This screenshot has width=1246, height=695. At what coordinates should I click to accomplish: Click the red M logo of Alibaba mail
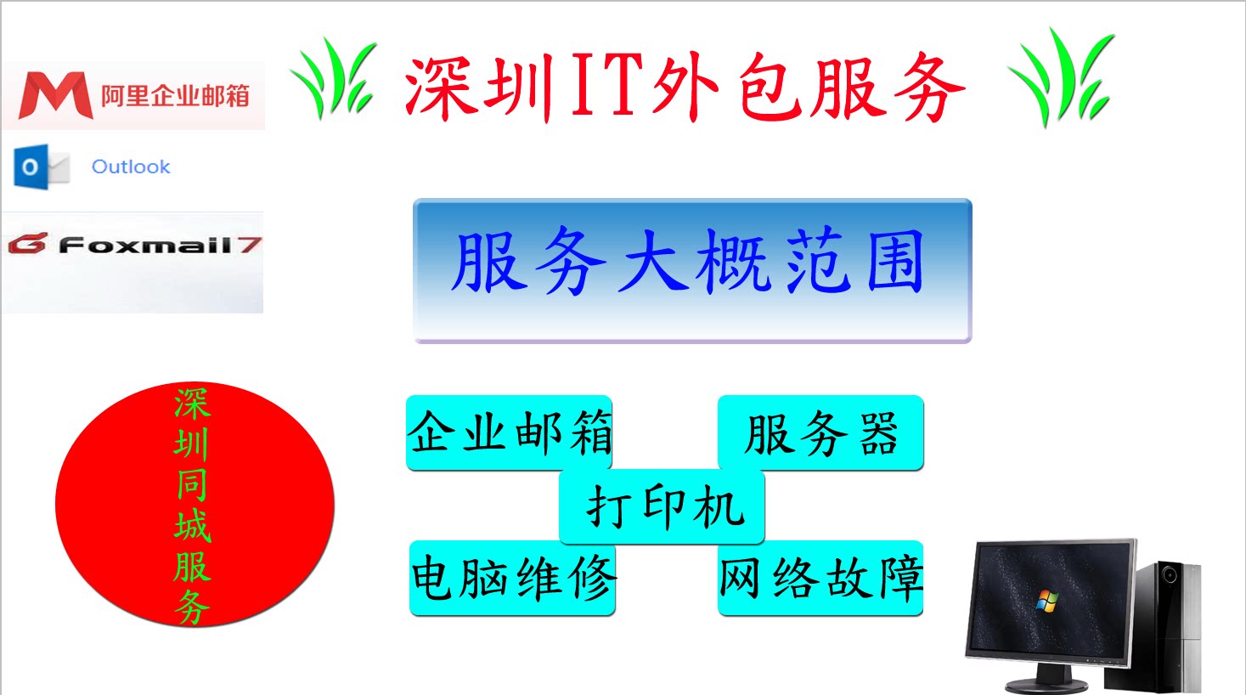[x=55, y=95]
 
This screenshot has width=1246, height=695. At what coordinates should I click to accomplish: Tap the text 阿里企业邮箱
[x=175, y=96]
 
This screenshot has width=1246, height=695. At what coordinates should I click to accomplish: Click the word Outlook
[x=131, y=167]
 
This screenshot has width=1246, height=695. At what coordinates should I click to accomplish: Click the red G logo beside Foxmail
[x=28, y=245]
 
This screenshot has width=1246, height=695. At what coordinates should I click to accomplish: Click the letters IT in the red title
[x=605, y=85]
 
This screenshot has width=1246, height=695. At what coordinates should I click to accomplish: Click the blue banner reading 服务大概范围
[x=691, y=269]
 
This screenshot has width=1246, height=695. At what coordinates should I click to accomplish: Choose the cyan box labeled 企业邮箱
[x=509, y=432]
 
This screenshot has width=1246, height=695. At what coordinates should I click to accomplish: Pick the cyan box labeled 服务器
[x=820, y=432]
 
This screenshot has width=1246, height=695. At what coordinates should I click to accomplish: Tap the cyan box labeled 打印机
[x=662, y=507]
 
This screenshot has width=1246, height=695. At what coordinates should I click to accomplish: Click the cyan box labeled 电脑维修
[x=512, y=579]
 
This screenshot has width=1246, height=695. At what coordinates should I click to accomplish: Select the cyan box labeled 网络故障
[x=820, y=579]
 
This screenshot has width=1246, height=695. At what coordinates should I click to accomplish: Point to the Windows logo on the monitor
[x=1047, y=601]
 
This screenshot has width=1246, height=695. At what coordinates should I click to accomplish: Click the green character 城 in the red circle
[x=192, y=526]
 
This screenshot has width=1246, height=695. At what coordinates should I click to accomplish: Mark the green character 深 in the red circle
[x=192, y=404]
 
